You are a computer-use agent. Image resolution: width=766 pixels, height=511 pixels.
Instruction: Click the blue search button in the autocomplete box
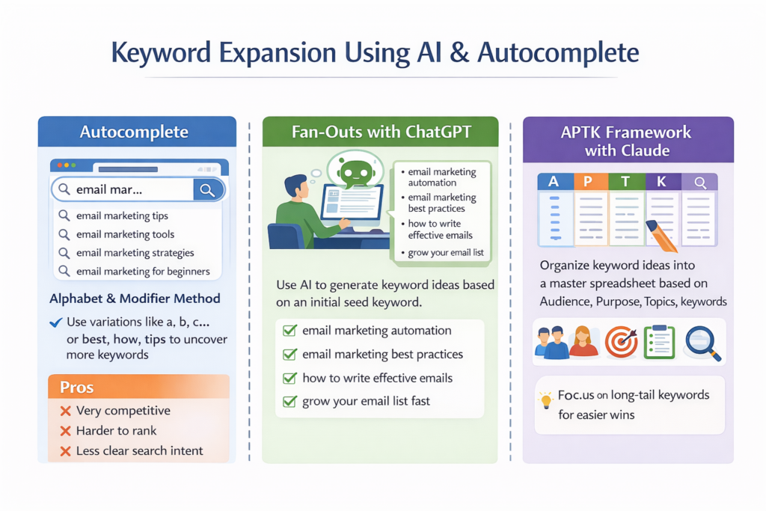click(207, 190)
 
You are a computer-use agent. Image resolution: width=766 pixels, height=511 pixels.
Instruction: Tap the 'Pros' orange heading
click(77, 387)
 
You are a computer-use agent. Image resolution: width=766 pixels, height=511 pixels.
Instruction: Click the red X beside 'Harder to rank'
click(65, 431)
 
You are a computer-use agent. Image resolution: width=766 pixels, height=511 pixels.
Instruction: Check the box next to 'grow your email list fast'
click(290, 401)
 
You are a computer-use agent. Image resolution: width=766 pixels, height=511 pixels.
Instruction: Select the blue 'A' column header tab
click(554, 181)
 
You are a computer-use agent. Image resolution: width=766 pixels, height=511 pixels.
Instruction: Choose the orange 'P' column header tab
click(589, 181)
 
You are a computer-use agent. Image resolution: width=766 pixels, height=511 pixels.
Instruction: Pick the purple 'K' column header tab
click(662, 181)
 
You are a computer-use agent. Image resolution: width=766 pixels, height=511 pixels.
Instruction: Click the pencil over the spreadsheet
click(662, 235)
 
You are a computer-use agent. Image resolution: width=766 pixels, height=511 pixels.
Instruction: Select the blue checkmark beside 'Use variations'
click(55, 322)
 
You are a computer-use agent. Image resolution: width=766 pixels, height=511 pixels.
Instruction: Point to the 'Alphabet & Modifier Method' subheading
click(135, 299)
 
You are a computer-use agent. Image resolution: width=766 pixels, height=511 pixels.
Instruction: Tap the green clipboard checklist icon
click(659, 341)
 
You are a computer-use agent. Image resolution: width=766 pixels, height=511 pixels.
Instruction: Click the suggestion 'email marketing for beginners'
click(143, 271)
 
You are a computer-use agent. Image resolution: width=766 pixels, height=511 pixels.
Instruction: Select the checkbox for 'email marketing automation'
click(290, 331)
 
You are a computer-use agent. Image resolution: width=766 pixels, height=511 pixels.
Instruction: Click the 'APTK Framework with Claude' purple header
click(627, 141)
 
